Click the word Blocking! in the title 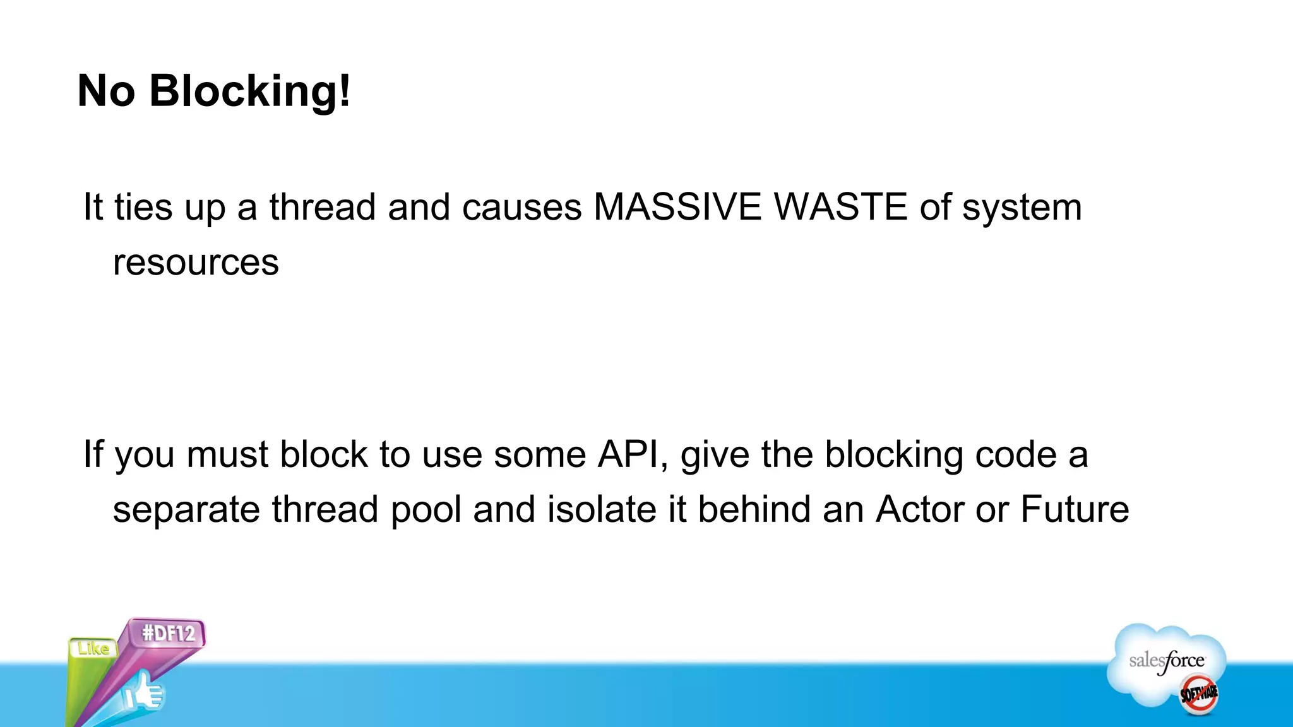click(249, 92)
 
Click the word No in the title click(106, 92)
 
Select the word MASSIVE click(677, 207)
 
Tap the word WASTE click(840, 207)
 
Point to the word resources click(196, 263)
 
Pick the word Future click(1075, 509)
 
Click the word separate click(186, 511)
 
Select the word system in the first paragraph click(1022, 208)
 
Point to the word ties click(143, 207)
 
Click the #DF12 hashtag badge click(169, 633)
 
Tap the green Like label click(93, 648)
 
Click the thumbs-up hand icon click(144, 692)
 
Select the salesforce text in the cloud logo click(1167, 661)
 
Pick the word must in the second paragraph click(227, 454)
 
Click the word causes click(521, 208)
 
